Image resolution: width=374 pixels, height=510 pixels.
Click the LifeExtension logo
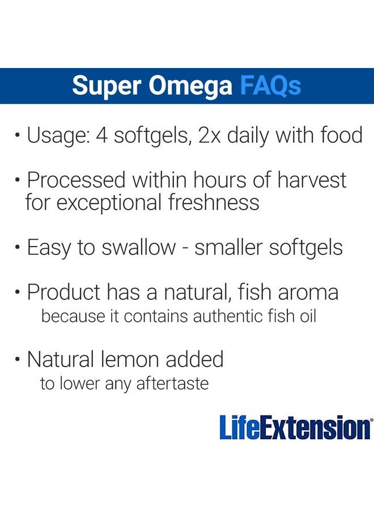296,428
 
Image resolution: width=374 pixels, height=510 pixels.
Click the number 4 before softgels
104,136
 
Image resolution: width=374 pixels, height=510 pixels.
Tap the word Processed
77,180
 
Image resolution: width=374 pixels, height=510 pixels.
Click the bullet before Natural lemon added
19,360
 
